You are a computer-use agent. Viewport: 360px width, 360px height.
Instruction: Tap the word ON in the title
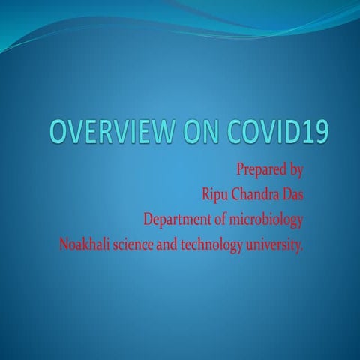coord(196,133)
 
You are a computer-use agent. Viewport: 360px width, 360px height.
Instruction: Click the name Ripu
coord(216,195)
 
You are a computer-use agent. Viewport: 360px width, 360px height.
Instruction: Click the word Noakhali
coord(83,244)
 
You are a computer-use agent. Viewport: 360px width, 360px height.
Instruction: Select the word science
coord(136,244)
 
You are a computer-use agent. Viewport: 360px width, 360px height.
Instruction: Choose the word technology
coord(219,244)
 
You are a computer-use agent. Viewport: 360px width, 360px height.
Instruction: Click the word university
coord(277,244)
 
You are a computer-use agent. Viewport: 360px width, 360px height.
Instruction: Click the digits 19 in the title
coord(312,133)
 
